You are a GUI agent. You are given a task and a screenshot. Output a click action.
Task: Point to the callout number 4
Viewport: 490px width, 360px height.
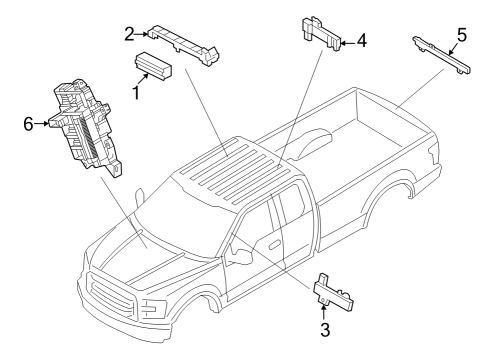pos(362,42)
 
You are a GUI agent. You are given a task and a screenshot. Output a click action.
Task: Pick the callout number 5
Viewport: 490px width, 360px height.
pos(461,35)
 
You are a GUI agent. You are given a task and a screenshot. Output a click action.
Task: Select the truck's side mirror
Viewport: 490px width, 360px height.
pos(241,258)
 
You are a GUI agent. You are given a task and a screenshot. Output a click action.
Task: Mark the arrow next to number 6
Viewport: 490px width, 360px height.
pos(46,124)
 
